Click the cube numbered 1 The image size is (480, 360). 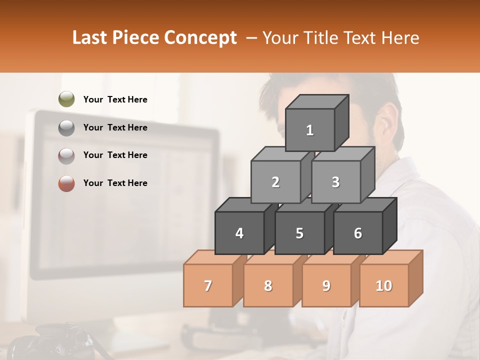[x=310, y=130]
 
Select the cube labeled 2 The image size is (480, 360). [x=275, y=182]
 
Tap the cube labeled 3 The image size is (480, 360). [x=335, y=182]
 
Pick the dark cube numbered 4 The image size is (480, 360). [x=239, y=233]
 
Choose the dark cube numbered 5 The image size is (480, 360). [x=299, y=233]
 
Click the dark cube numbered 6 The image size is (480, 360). [x=358, y=233]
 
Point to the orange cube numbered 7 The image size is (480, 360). [x=208, y=285]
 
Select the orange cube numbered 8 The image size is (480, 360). [x=268, y=285]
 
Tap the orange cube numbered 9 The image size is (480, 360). [x=326, y=285]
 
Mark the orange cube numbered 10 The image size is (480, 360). [x=384, y=285]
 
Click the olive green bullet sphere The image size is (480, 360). [x=66, y=99]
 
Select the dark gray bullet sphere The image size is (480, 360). [x=66, y=128]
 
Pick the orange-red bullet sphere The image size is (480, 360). [x=66, y=183]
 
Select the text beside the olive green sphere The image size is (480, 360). [x=115, y=99]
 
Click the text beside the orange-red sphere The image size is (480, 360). [x=115, y=183]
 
